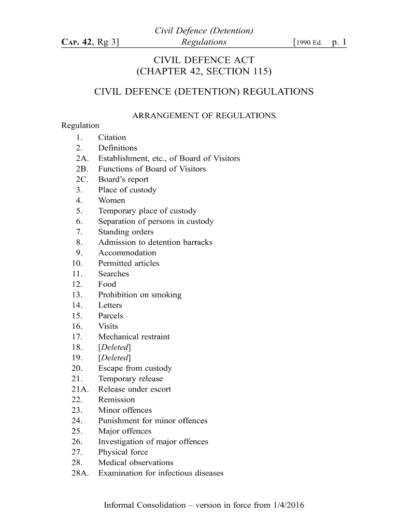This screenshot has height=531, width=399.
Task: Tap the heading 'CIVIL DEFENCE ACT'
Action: pos(204,61)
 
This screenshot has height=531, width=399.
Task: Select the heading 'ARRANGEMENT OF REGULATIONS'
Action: pos(204,116)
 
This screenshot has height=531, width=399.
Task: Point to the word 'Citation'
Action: pos(112,137)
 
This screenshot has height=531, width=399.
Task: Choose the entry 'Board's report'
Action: pos(123,179)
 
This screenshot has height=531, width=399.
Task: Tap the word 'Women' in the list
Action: pos(111,201)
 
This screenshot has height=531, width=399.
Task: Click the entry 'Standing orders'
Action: pos(126,232)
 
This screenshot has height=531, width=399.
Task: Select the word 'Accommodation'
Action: pos(127,253)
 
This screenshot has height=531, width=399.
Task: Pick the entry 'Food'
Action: pos(107,284)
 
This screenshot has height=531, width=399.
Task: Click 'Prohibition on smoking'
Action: pos(140,295)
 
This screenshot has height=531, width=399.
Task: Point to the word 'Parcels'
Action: pos(111,316)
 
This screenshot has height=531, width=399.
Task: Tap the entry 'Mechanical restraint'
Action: pos(134,337)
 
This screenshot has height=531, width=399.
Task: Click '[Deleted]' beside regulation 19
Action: pos(115,358)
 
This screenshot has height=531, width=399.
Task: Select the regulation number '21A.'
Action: pos(80,389)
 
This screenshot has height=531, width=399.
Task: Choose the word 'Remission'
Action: pos(117,400)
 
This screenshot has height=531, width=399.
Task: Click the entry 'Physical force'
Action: pos(123,452)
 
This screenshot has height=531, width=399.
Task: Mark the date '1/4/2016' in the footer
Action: pos(287,505)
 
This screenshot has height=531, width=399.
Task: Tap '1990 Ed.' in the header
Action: pos(310,43)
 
